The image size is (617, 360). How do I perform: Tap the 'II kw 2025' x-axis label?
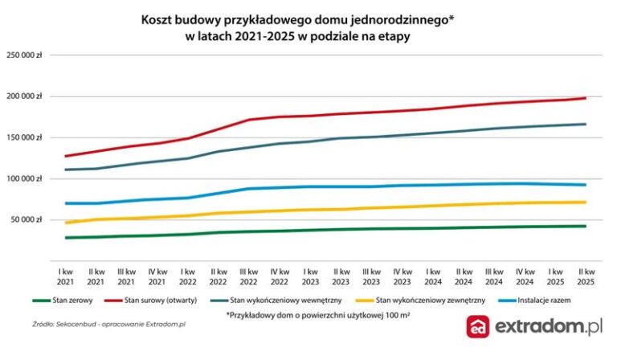[x=584, y=277]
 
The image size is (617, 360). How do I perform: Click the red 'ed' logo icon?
[x=480, y=327]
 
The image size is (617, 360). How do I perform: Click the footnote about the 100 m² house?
[x=295, y=316]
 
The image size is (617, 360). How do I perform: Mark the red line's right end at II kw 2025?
[x=585, y=98]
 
